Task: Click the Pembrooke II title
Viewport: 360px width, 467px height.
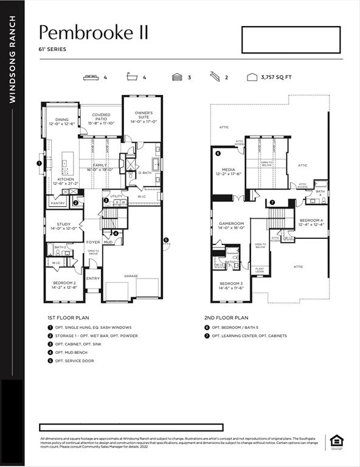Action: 94,32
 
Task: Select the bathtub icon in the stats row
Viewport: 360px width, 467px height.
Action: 132,78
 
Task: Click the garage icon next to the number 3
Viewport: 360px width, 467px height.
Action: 176,78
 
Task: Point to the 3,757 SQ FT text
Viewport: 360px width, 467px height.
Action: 276,78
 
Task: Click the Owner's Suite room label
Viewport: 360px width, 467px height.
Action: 144,117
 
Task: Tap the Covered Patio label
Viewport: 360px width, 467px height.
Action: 101,118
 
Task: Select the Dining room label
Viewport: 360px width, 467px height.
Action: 62,122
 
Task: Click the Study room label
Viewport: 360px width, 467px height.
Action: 64,226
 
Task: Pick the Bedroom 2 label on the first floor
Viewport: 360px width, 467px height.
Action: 64,285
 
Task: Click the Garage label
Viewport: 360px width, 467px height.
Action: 131,275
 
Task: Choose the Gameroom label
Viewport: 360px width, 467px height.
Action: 231,226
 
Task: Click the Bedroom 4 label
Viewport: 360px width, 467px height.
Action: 311,222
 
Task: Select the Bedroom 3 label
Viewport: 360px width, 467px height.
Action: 232,286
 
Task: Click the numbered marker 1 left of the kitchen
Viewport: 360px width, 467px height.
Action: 40,163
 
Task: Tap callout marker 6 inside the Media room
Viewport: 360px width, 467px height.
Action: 218,154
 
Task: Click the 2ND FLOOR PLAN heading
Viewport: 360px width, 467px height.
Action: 226,317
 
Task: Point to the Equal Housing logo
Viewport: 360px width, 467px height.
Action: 335,442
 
